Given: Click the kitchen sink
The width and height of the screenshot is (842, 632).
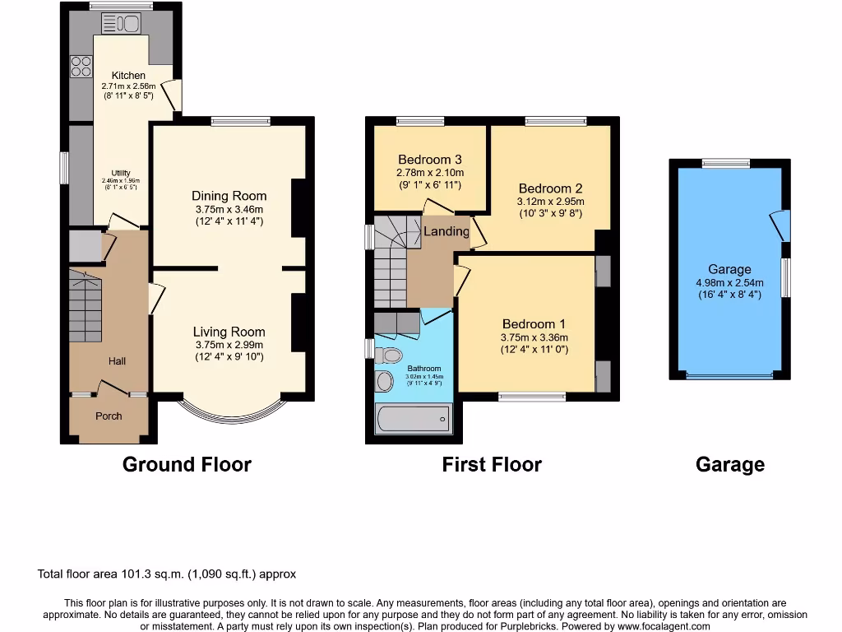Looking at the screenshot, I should (121, 23).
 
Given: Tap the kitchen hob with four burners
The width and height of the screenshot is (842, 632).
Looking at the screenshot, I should (81, 66).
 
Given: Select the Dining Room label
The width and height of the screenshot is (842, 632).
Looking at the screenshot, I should (229, 196).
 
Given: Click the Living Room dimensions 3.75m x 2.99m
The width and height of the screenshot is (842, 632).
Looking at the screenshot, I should (229, 345).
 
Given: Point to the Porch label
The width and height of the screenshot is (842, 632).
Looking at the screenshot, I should (109, 416).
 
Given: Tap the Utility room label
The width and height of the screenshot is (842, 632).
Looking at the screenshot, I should (121, 173).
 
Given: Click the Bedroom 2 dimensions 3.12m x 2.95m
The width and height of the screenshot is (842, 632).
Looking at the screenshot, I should (550, 202).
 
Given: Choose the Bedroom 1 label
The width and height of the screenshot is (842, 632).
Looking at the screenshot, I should (534, 324).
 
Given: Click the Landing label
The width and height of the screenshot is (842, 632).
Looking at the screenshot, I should (446, 232).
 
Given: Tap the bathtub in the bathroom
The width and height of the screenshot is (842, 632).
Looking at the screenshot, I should (414, 420).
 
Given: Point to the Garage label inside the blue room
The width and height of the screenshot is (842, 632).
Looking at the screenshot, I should (729, 269).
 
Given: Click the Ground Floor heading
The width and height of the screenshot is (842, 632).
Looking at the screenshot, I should (187, 465).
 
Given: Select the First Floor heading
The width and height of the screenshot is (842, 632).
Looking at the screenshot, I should (492, 465).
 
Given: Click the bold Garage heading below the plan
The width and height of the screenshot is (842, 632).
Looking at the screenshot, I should (729, 465).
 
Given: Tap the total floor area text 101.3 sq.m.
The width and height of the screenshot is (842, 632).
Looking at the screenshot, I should (167, 574).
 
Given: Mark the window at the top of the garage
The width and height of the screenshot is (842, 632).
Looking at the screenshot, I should (725, 163).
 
